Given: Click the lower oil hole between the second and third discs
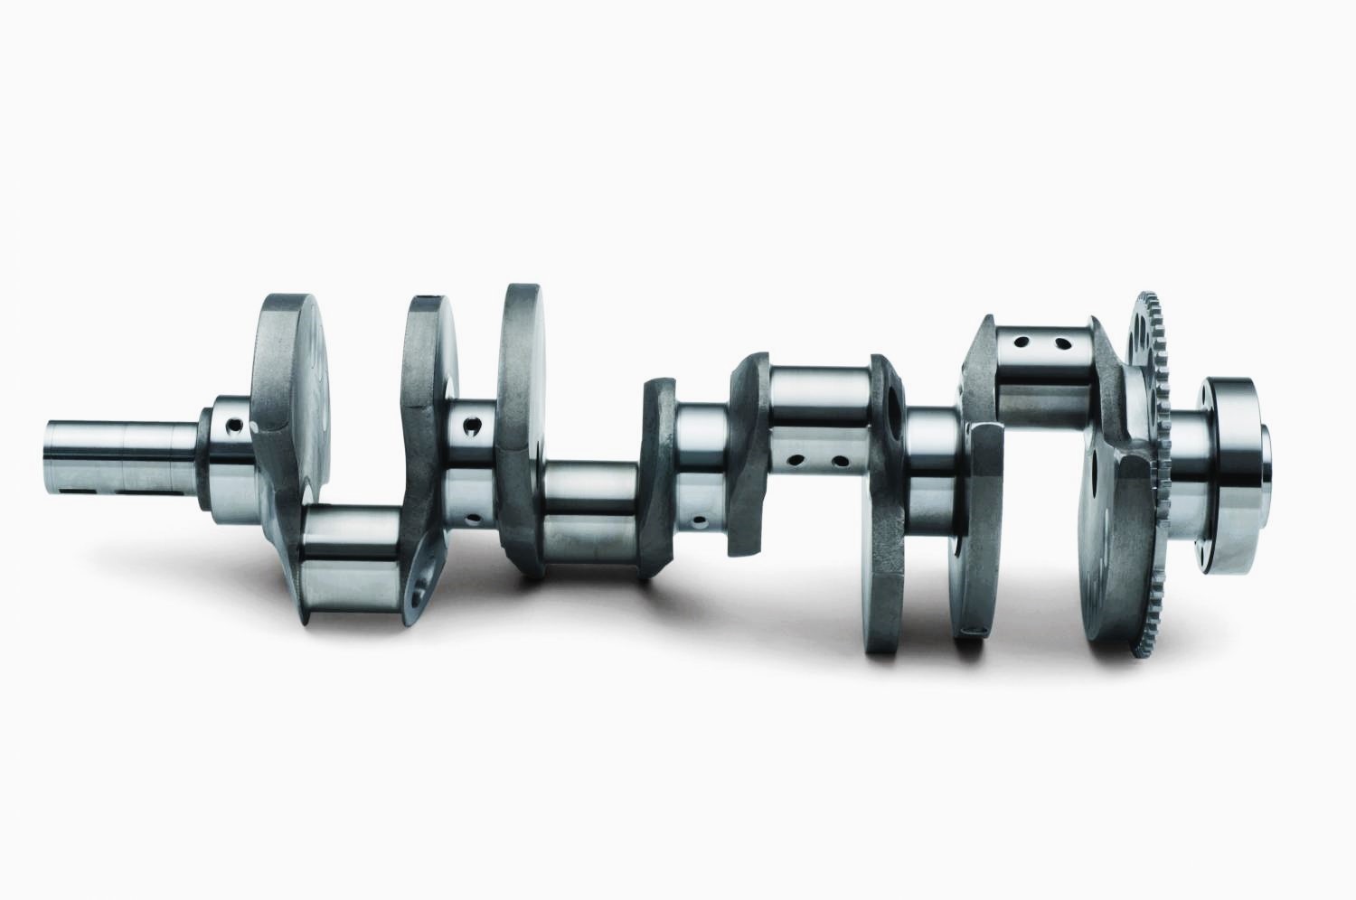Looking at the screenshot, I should (474, 520).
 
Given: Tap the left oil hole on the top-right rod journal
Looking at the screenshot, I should (1021, 343).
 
